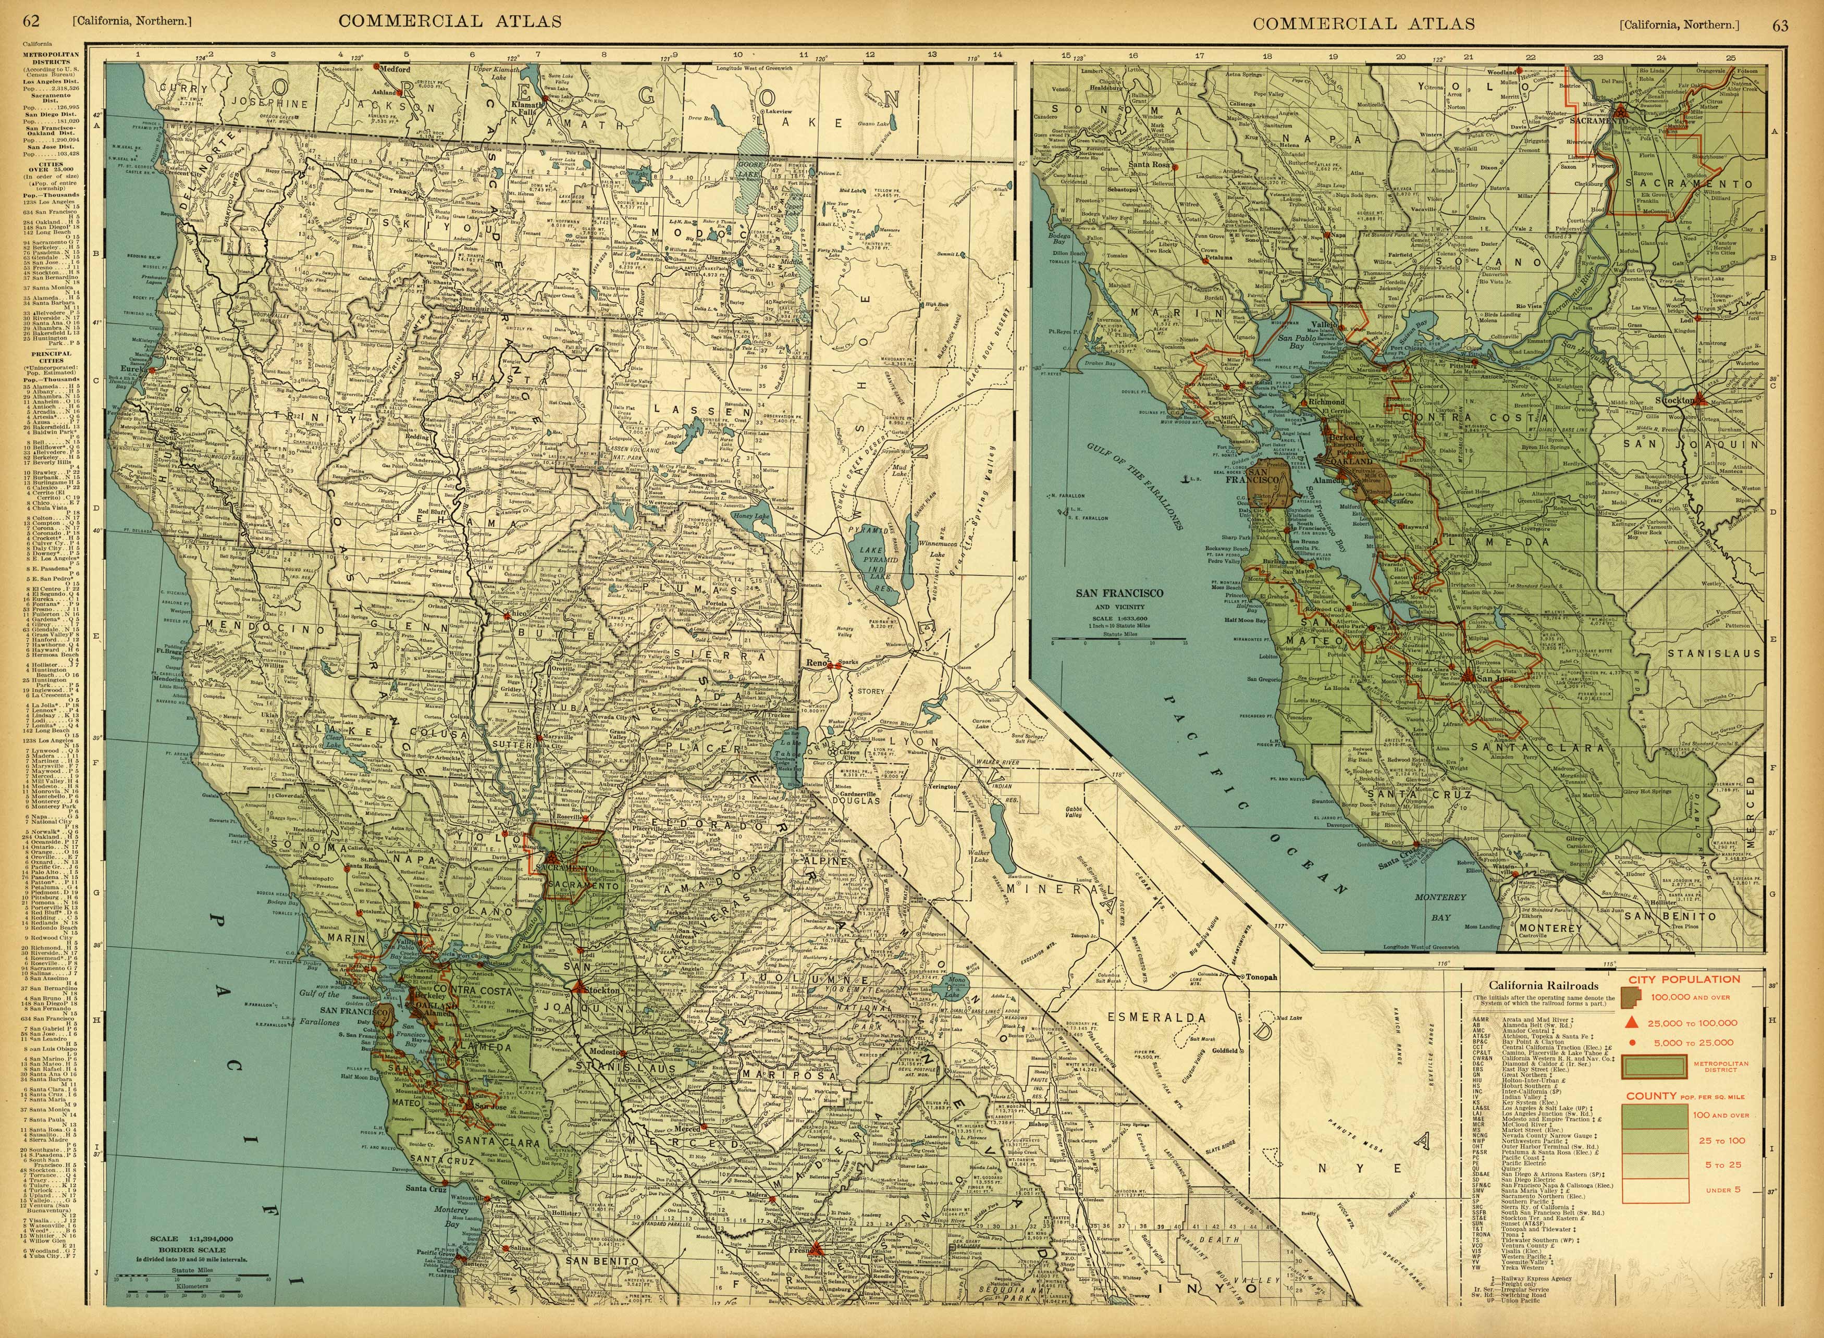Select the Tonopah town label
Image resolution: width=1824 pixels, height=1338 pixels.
coord(1260,977)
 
